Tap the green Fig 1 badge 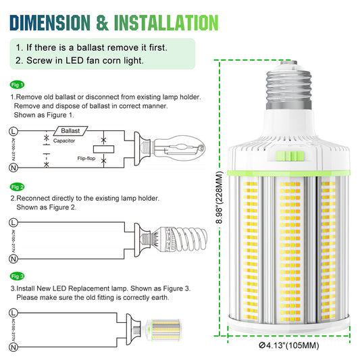[18, 84]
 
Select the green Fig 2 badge [18, 186]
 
